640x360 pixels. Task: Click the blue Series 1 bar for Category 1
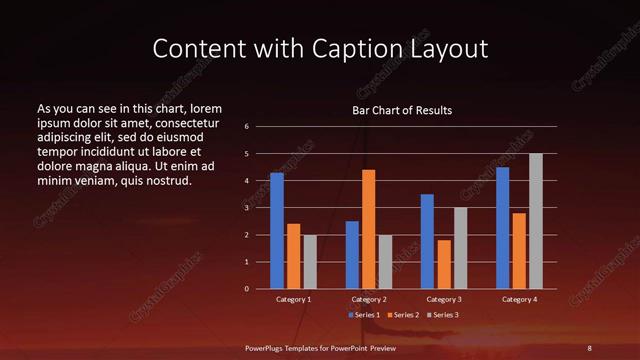click(277, 230)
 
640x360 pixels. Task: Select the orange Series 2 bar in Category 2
click(369, 229)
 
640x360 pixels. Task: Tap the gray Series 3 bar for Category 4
click(536, 221)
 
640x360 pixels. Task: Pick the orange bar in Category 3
click(444, 264)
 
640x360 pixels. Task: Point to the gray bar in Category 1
click(310, 261)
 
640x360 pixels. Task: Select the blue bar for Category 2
click(352, 255)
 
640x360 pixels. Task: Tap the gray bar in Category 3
click(461, 248)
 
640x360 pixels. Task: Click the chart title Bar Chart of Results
click(402, 110)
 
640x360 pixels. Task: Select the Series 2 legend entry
click(403, 315)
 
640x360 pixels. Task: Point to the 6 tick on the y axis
click(247, 127)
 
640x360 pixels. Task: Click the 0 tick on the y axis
click(247, 289)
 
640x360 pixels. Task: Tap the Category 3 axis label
click(444, 299)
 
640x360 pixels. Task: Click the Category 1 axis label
click(294, 299)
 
